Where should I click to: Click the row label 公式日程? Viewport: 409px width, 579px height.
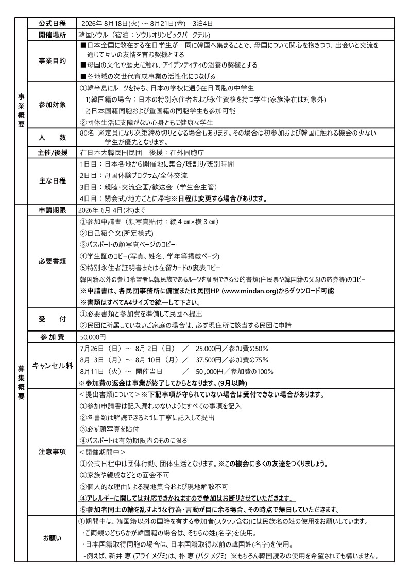tap(52, 24)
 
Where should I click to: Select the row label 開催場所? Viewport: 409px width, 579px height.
tap(52, 35)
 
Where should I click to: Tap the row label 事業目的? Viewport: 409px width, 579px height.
tap(52, 61)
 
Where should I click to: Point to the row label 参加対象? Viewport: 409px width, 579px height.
tap(52, 105)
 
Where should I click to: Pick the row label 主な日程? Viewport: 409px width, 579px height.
tap(52, 181)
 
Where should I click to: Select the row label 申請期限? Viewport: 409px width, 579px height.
tap(52, 210)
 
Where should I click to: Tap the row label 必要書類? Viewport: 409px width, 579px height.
tap(52, 261)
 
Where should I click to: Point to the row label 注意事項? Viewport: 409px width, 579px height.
tap(52, 452)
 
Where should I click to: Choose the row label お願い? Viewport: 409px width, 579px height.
tap(52, 538)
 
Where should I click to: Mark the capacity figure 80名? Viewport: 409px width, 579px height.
tap(87, 133)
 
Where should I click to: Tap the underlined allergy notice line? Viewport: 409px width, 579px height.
tap(187, 499)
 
